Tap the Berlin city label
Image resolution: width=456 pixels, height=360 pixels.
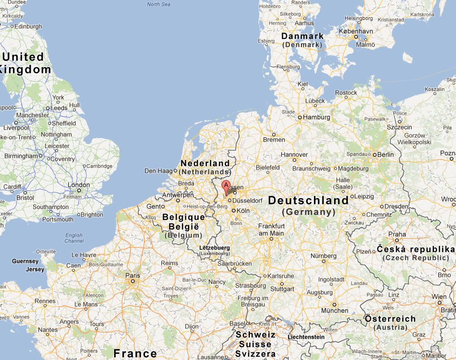tap(385, 155)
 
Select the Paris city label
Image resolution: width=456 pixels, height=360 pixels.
tap(132, 276)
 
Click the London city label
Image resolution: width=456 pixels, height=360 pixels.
tap(79, 185)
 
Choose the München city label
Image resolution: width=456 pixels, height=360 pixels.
tap(335, 311)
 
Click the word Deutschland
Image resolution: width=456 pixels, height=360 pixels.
tap(308, 201)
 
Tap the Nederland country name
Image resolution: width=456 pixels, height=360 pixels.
tap(205, 163)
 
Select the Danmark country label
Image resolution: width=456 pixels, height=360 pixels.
tap(302, 36)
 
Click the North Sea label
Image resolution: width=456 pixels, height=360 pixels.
tap(158, 4)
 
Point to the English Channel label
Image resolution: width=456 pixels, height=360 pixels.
tap(74, 238)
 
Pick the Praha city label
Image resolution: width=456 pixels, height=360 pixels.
tap(397, 235)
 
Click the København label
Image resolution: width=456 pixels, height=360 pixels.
tap(356, 31)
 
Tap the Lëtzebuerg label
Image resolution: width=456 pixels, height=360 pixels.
tap(214, 248)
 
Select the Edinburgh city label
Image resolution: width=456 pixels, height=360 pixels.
tap(28, 27)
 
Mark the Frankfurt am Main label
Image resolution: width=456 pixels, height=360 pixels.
tap(271, 229)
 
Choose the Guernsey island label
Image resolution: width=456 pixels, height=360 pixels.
tap(25, 261)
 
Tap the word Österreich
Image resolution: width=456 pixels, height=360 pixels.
tap(390, 319)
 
